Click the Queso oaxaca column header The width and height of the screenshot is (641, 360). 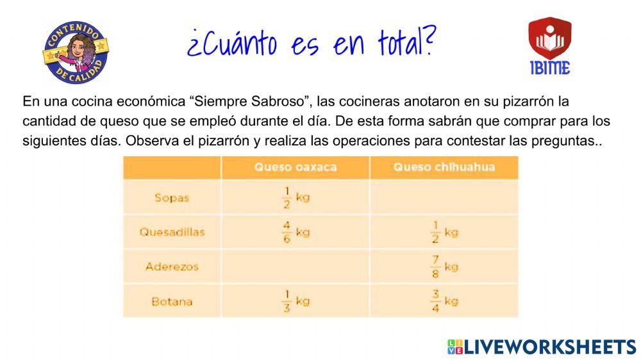[x=295, y=168]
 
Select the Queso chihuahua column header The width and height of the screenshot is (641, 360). [x=444, y=168]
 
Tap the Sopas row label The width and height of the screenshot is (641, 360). [x=172, y=197]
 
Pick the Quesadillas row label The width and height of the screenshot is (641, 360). [x=172, y=232]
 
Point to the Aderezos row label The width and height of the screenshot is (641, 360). [x=172, y=266]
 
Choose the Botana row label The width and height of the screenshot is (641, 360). [x=172, y=301]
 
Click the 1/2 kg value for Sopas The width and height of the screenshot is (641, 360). [x=296, y=197]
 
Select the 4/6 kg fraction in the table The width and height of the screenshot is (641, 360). [x=296, y=232]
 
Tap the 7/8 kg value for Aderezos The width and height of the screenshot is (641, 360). [x=444, y=266]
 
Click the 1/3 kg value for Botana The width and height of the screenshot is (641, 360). [x=296, y=301]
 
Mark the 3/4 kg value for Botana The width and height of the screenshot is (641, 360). [x=444, y=301]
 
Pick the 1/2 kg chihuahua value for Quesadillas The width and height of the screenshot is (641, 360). [x=444, y=232]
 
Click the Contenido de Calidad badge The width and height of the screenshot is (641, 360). [x=76, y=51]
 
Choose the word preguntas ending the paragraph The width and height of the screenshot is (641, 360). [x=564, y=141]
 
